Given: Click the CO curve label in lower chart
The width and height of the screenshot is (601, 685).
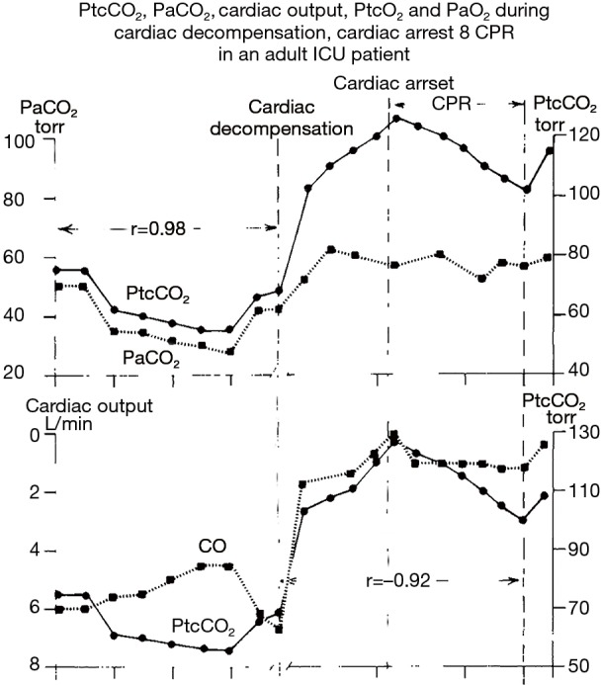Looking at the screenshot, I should (x=212, y=546).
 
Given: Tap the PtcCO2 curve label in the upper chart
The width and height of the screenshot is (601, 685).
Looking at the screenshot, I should (x=158, y=295).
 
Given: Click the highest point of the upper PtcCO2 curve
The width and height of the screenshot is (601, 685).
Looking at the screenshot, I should (x=396, y=119).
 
